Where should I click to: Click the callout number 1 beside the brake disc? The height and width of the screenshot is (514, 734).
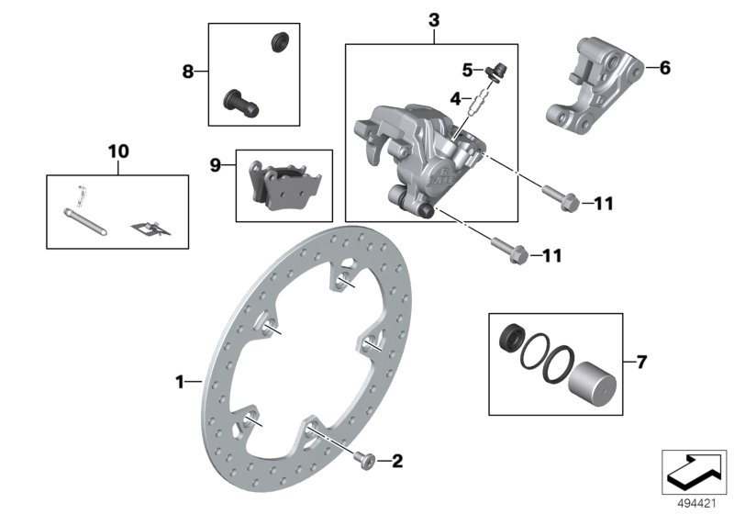click(180, 380)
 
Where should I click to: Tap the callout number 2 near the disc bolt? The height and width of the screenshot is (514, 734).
click(397, 461)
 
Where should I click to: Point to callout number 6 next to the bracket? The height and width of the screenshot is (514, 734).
click(665, 68)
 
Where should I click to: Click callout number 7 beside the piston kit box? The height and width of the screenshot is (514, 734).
click(641, 362)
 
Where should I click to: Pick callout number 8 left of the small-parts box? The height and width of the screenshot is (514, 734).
click(188, 70)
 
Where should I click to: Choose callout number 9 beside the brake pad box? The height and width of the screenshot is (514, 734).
click(216, 165)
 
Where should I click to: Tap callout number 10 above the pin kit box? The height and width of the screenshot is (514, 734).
click(118, 149)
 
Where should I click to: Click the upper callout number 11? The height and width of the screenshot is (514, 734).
click(577, 203)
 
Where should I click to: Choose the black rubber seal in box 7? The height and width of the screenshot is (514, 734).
click(509, 338)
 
